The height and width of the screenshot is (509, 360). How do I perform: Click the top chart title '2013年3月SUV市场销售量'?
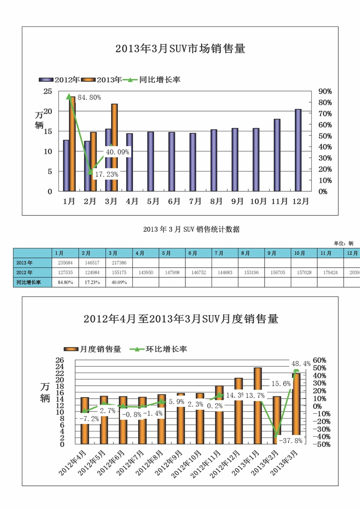180,49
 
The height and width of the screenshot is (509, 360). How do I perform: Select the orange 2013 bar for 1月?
72,144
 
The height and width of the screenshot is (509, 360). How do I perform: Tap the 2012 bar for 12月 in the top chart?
298,150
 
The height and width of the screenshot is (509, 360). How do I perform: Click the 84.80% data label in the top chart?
89,97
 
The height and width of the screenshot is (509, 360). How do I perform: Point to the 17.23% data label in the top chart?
104,174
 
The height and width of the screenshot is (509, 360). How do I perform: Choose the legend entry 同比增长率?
159,80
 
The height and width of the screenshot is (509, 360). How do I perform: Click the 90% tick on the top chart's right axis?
325,91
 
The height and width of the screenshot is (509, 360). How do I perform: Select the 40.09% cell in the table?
118,282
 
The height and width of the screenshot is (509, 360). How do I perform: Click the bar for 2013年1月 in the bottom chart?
257,405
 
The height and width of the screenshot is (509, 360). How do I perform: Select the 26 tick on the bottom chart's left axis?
60,360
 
